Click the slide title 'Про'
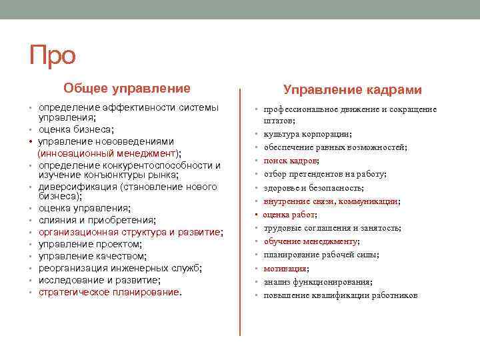click(53, 56)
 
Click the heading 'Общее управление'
click(127, 89)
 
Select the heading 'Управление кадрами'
click(353, 89)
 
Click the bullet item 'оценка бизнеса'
click(76, 129)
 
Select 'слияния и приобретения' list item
click(97, 220)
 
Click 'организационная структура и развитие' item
click(131, 232)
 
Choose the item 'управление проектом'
click(89, 244)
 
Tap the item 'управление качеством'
click(92, 256)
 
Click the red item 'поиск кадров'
click(291, 161)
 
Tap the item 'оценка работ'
click(290, 215)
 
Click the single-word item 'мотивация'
click(285, 268)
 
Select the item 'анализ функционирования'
click(318, 281)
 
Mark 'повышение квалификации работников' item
click(341, 295)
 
